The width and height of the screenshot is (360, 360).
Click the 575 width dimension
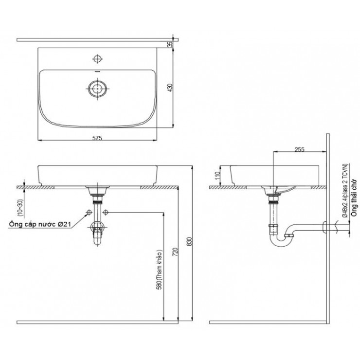[x=97, y=138]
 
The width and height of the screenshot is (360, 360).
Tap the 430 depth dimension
[x=170, y=88]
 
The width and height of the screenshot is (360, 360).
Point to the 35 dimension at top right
[x=170, y=44]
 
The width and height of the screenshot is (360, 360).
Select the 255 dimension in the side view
[x=299, y=150]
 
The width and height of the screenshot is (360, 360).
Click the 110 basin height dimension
[x=217, y=175]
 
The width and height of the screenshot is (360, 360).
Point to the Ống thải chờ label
[x=354, y=199]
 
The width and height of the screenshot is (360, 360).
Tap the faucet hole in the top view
[x=97, y=59]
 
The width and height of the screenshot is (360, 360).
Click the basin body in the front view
[x=97, y=174]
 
